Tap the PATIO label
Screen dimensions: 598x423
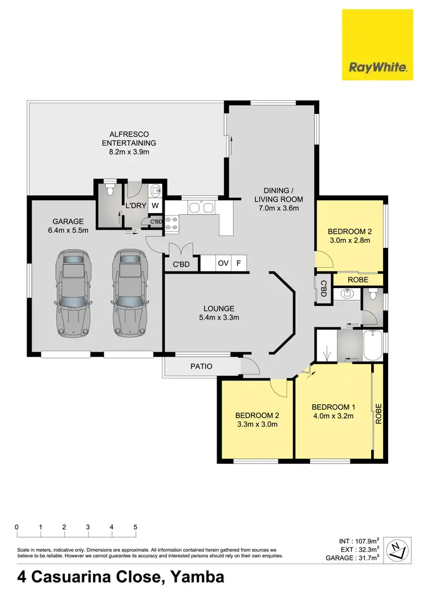click(201, 366)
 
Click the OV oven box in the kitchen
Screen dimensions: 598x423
click(223, 263)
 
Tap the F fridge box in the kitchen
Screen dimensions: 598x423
click(239, 263)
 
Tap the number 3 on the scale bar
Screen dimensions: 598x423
click(88, 527)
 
